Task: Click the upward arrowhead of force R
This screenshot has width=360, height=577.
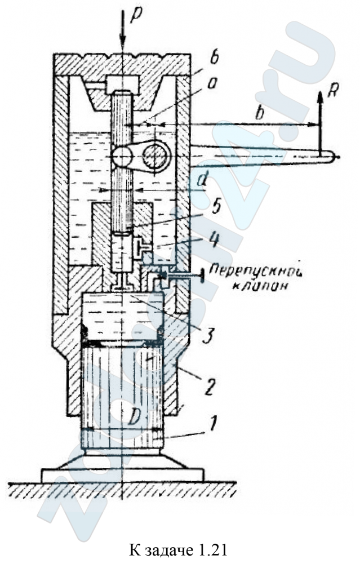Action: coord(320,96)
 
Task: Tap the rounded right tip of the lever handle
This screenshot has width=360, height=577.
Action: coord(335,157)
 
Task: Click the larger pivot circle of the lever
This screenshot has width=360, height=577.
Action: coord(156,156)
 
